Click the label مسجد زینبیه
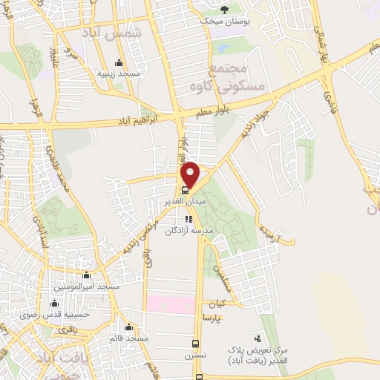[x=120, y=74]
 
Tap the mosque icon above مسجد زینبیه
[x=119, y=62]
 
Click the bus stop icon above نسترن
[x=195, y=344]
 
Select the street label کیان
[x=217, y=304]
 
